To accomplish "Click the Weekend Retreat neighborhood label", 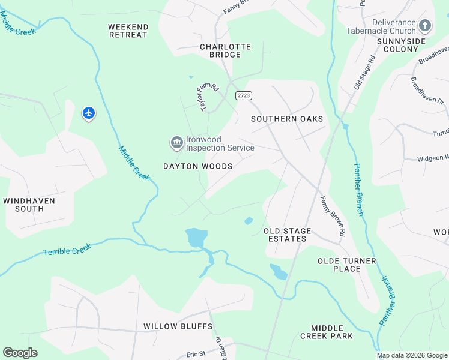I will click(x=128, y=31).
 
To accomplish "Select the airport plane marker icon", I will click(x=89, y=112).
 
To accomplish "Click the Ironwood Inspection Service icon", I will click(x=176, y=142).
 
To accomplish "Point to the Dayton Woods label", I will click(x=197, y=166).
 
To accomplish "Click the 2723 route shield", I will click(x=244, y=95).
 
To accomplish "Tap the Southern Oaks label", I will click(x=287, y=119).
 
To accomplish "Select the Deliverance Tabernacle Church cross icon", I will click(x=426, y=25).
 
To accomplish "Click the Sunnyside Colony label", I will click(x=401, y=45).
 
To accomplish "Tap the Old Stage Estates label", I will click(x=288, y=235).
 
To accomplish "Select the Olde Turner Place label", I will click(x=346, y=265).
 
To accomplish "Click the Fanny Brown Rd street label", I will click(x=332, y=215).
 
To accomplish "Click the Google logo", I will click(x=20, y=353).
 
